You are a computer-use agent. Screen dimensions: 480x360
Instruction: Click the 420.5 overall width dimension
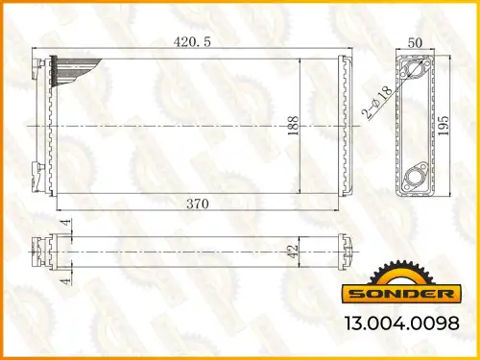coord(192,42)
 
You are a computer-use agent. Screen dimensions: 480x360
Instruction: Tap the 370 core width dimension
coord(198,204)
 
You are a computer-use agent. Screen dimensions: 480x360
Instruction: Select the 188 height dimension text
coord(293,125)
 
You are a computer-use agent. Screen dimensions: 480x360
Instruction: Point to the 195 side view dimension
coord(444,125)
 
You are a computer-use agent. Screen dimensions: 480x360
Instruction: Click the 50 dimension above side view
coord(415,42)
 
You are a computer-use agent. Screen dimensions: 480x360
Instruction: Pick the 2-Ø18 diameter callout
coord(377,102)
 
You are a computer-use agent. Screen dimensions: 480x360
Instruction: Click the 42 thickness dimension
coord(293,252)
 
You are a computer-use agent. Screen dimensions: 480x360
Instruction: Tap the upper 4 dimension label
coord(66,222)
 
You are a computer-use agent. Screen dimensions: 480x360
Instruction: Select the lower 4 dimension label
coord(66,281)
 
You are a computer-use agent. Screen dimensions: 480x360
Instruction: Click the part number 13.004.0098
coord(402,323)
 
